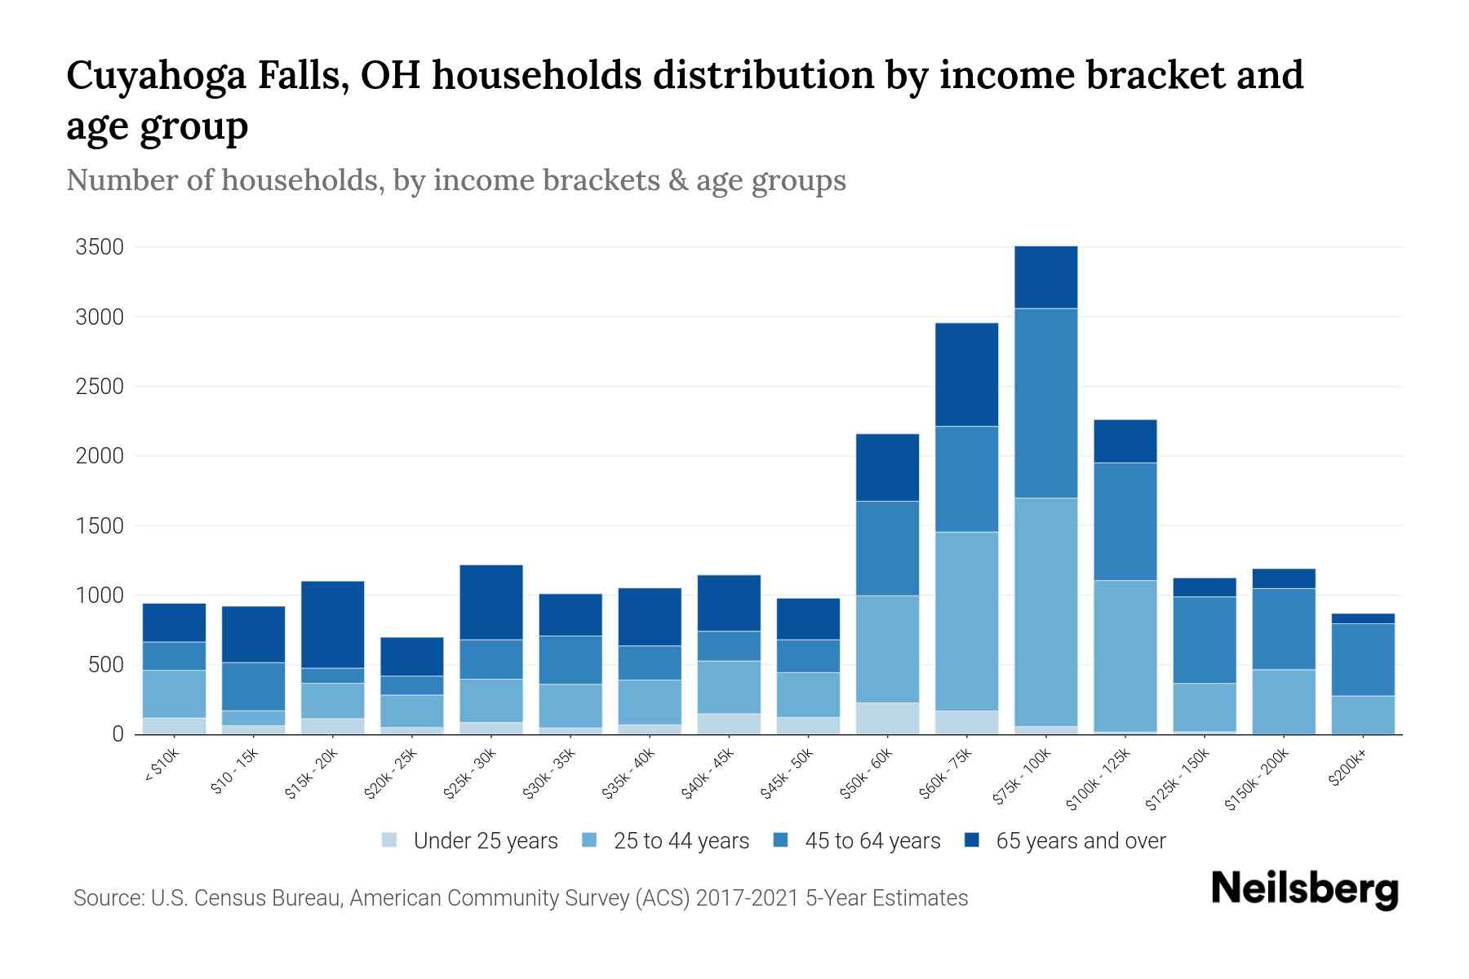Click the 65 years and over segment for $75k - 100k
tap(1045, 277)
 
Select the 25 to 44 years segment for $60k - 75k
tap(966, 621)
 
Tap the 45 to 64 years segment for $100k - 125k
tap(1125, 521)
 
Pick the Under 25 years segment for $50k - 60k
tap(887, 718)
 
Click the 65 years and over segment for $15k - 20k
tap(332, 624)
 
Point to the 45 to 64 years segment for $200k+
tap(1362, 659)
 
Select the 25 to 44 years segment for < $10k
tap(174, 693)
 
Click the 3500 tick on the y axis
tap(100, 247)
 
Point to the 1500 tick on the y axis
tap(100, 526)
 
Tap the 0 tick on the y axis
tap(118, 734)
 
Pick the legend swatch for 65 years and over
tap(972, 840)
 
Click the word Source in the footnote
tap(106, 898)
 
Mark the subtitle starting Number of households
tap(455, 180)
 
